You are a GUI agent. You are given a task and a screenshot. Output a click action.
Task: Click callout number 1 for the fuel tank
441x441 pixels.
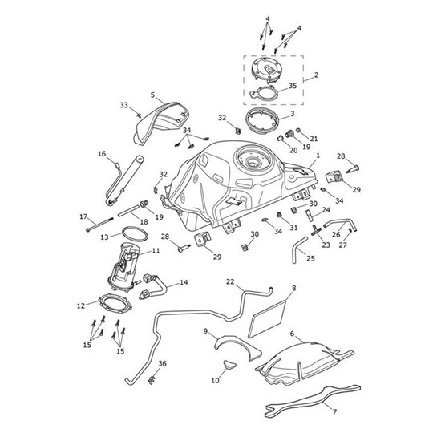pos(318,156)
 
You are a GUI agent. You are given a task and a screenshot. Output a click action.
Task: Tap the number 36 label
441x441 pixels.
pos(162,364)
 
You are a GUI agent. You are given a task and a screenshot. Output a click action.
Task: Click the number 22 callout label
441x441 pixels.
pos(230,281)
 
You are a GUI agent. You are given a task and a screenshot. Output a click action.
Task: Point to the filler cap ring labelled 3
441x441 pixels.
pos(261,123)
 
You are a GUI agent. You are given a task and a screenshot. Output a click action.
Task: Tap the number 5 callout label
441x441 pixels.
pos(152,95)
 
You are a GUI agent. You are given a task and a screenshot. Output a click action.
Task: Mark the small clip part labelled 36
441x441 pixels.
pos(152,381)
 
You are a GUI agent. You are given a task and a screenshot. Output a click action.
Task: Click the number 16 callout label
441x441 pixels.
pos(102,154)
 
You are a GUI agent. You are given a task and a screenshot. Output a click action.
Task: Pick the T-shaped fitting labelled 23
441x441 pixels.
pos(316,230)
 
